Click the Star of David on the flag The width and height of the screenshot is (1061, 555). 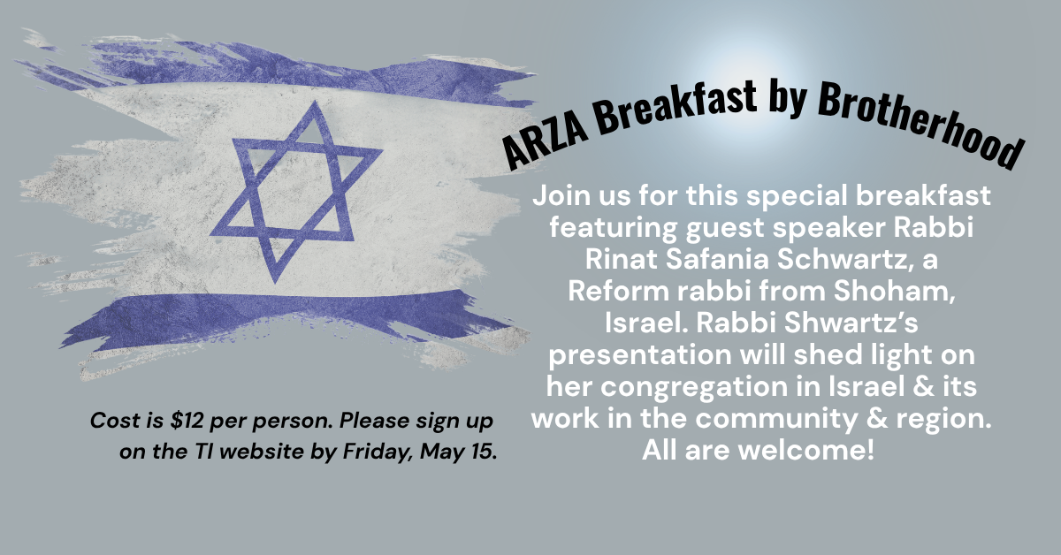[x=296, y=192]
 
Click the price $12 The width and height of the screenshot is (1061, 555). [x=187, y=421]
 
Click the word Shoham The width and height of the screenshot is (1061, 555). [x=894, y=292]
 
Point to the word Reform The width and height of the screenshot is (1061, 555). [x=618, y=292]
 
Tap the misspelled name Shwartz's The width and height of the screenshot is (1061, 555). [x=851, y=323]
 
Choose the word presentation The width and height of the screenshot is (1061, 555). [x=640, y=355]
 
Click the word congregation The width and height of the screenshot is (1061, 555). [x=694, y=387]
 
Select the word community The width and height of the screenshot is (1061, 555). [x=776, y=419]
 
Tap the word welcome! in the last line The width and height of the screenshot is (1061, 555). [x=805, y=450]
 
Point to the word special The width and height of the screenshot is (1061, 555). [x=797, y=196]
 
